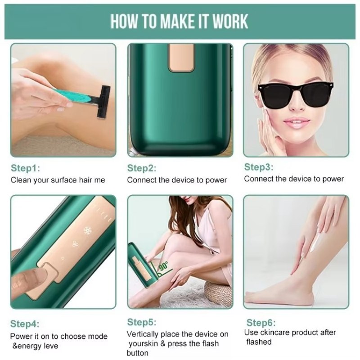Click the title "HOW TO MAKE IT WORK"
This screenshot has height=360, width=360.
179,21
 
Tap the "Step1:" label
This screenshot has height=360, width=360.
25,168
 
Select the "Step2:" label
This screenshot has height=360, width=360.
142,168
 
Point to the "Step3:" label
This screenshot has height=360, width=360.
259,167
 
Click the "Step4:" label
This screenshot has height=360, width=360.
25,324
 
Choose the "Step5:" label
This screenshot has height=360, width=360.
142,322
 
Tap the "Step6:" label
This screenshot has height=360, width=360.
261,322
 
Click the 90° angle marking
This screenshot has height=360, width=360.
163,265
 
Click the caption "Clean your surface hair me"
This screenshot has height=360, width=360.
58,180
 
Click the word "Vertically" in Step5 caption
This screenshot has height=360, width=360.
144,334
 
